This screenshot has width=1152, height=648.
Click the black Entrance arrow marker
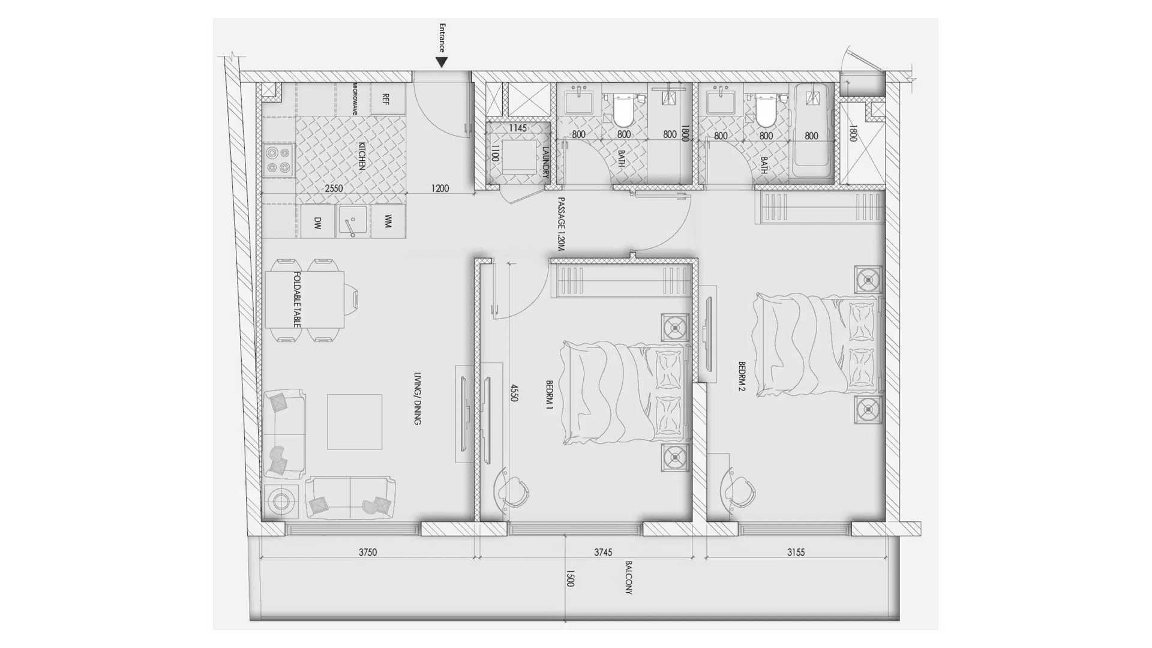tap(442, 62)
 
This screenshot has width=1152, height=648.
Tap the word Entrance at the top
tap(442, 38)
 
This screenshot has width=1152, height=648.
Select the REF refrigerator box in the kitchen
tap(387, 99)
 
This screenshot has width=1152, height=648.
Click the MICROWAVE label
tap(355, 99)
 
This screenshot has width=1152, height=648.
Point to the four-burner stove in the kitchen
tap(278, 160)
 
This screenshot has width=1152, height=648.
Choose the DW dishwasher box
tap(317, 223)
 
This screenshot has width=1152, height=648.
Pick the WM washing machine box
tap(388, 222)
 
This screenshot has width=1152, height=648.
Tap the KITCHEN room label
tap(362, 156)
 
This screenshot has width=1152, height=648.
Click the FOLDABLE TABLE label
tap(297, 299)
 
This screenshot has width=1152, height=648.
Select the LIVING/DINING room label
tap(418, 398)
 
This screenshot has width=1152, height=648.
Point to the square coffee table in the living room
tap(355, 422)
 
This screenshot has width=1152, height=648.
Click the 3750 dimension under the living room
tap(368, 552)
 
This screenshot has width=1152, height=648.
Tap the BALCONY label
tap(629, 577)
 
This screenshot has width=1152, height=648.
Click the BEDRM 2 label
tap(742, 376)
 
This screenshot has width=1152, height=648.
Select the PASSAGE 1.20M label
tap(562, 224)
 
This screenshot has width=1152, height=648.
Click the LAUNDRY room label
tap(546, 162)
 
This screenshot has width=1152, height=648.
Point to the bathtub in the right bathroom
tap(812, 131)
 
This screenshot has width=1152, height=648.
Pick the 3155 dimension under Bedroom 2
tap(796, 552)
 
